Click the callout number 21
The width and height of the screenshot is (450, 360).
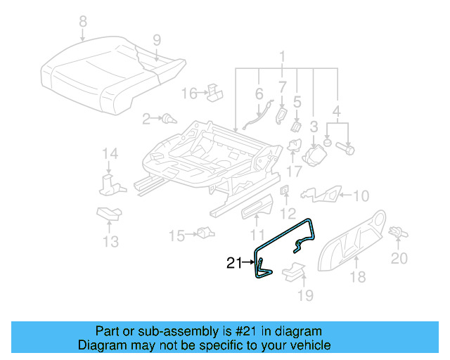tap(233, 264)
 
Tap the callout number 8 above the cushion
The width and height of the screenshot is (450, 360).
tap(83, 22)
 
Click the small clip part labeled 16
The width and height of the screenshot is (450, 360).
tap(215, 93)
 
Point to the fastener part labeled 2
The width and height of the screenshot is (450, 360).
tap(168, 119)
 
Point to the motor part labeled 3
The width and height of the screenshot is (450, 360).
tap(316, 154)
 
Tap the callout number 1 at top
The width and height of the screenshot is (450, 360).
tap(283, 56)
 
